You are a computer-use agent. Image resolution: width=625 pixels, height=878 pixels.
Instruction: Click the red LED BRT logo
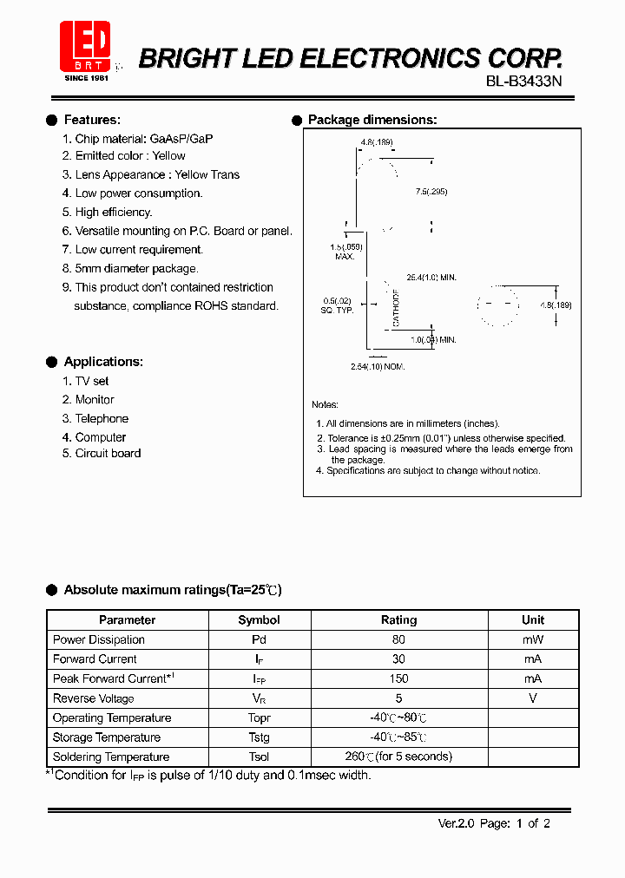[x=85, y=47]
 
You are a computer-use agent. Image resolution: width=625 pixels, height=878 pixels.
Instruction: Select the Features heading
[x=92, y=120]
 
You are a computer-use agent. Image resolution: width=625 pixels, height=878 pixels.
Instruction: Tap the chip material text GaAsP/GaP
[x=181, y=139]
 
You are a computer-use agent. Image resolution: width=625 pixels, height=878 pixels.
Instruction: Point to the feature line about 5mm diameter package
[x=136, y=269]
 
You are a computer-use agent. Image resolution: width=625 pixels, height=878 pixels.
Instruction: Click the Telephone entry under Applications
[x=102, y=419]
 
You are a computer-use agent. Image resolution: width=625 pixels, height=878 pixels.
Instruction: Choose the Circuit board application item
[x=108, y=454]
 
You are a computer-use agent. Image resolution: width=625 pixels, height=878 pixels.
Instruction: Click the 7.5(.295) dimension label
[x=431, y=192]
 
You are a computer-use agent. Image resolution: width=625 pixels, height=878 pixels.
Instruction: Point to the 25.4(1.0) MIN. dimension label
[x=431, y=278]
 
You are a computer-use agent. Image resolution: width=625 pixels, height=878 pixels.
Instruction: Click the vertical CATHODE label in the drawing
[x=396, y=309]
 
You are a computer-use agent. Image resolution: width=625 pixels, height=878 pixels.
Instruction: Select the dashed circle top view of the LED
[x=497, y=305]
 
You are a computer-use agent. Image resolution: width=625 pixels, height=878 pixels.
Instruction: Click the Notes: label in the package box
[x=326, y=405]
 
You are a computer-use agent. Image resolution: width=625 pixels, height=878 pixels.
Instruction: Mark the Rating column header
[x=398, y=620]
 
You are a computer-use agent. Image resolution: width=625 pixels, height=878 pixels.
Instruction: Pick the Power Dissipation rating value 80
[x=398, y=640]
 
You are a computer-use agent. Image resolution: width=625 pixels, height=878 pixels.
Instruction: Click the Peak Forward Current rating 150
[x=398, y=679]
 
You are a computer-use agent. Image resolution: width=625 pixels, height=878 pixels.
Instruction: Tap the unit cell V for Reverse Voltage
[x=533, y=698]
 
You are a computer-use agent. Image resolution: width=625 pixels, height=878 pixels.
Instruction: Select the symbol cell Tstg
[x=259, y=737]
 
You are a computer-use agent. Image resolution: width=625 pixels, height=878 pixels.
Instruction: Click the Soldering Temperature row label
[x=111, y=757]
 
